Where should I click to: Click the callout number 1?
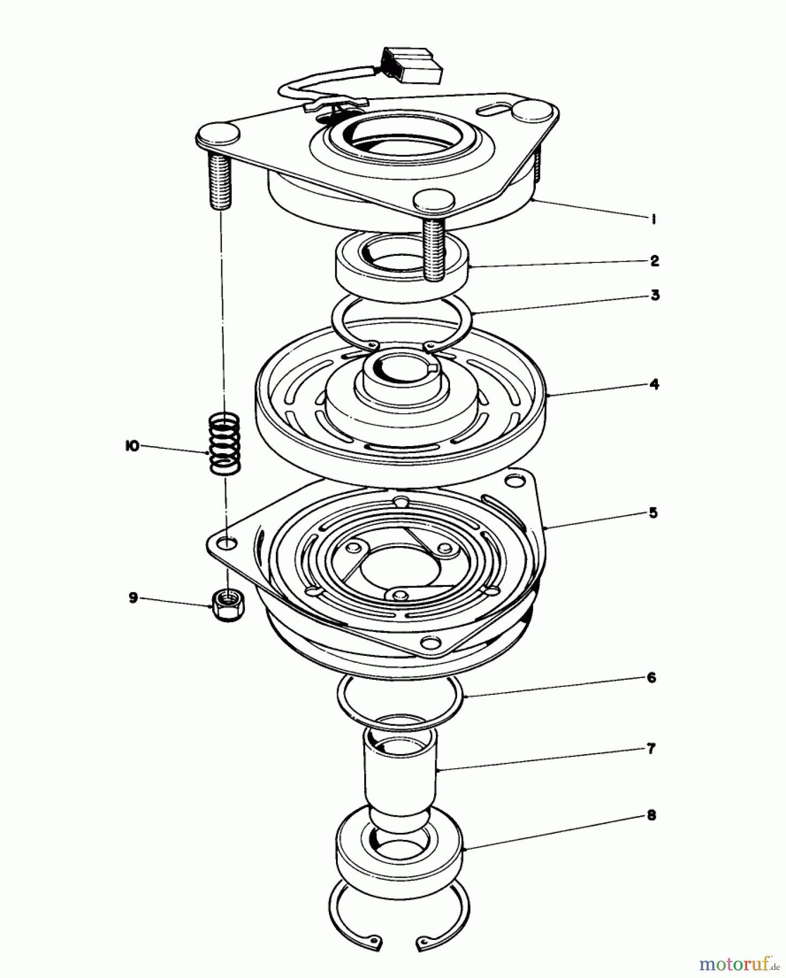654,219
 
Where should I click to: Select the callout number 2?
655,261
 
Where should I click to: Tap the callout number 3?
655,296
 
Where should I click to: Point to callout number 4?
654,385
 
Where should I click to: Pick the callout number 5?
654,513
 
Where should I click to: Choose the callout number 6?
652,678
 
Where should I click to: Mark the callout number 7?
652,749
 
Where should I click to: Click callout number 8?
652,816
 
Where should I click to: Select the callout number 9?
133,598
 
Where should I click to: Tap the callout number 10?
131,446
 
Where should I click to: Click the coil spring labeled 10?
225,443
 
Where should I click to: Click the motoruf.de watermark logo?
738,964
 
